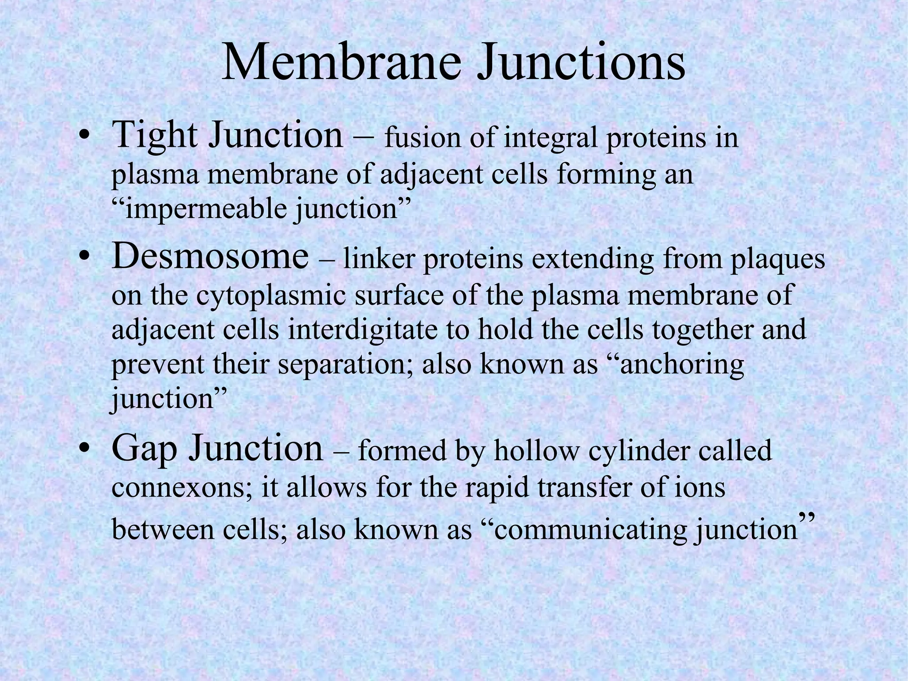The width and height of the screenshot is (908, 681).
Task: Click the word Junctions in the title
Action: (581, 63)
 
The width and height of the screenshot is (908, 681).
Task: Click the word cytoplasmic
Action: (271, 295)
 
